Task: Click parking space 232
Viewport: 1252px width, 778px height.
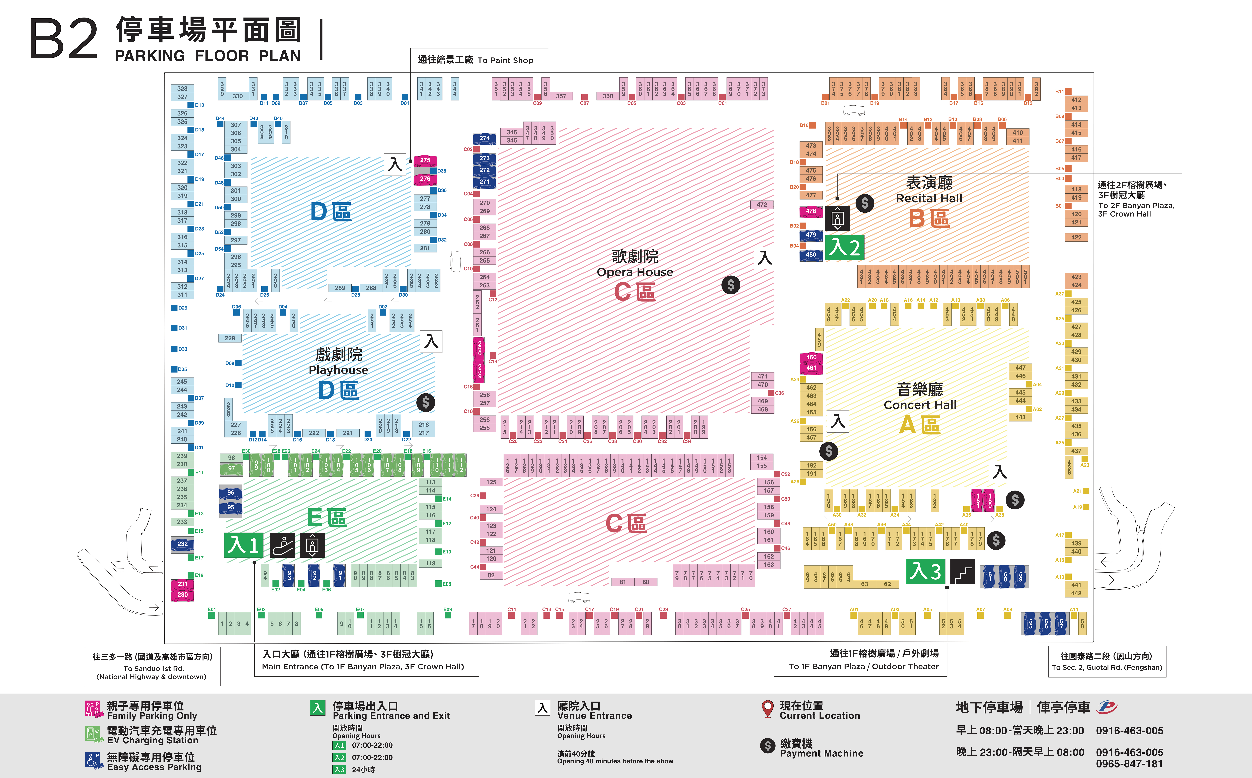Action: (183, 544)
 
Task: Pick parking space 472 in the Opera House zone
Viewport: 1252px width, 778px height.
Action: (762, 205)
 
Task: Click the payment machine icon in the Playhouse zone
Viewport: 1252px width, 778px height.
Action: (425, 402)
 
